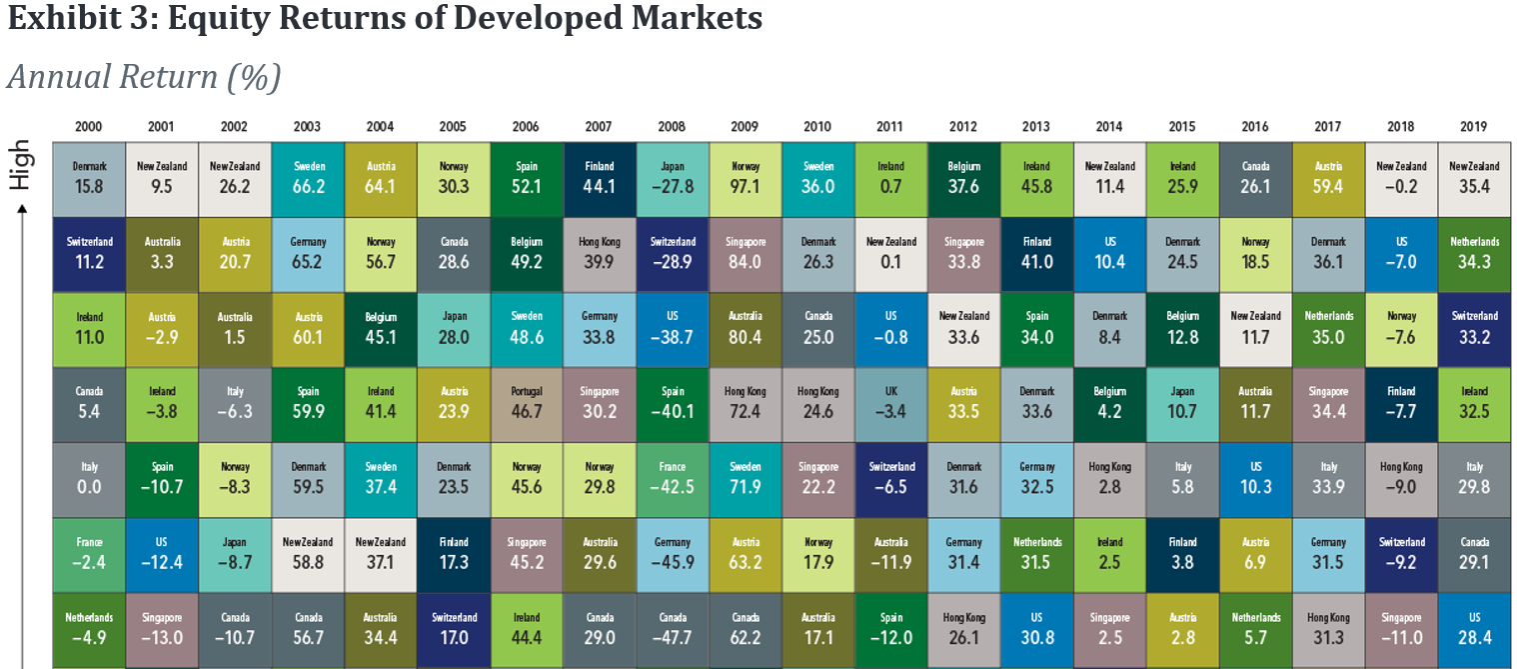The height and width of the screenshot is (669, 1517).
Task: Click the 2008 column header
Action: pos(671,127)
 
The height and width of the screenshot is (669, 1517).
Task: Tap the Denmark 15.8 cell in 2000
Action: pos(88,179)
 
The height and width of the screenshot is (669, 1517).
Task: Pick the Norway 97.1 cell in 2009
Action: pos(745,179)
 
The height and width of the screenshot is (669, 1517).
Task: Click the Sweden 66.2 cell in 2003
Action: pos(307,179)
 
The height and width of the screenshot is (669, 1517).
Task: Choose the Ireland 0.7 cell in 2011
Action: pos(890,179)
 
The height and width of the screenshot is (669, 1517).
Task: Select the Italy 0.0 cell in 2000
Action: pos(88,479)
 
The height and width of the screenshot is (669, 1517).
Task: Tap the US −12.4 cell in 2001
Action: pos(162,554)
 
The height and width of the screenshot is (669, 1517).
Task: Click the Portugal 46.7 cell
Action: pos(526,404)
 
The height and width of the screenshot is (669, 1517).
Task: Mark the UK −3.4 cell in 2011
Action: pos(890,404)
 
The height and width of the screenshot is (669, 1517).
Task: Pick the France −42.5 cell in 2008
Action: pos(671,479)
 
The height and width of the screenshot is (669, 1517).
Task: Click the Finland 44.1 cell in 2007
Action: pos(599,179)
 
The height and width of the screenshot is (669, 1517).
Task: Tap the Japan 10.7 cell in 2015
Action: pos(1182,404)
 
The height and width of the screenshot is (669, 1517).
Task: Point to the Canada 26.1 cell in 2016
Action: pos(1255,179)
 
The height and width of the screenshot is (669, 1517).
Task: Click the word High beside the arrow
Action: pos(21,166)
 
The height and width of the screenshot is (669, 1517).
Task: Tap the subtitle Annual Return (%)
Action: pos(144,77)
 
